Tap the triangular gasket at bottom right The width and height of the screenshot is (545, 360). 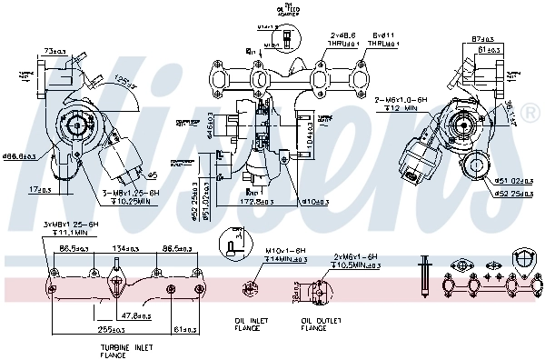(525, 260)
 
